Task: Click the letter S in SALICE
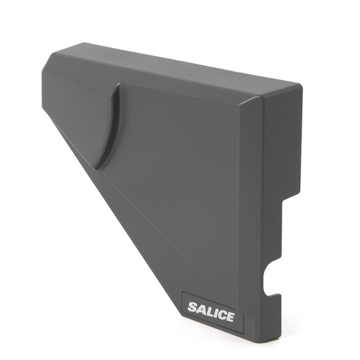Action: tap(193, 307)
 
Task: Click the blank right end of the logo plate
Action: tap(239, 323)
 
